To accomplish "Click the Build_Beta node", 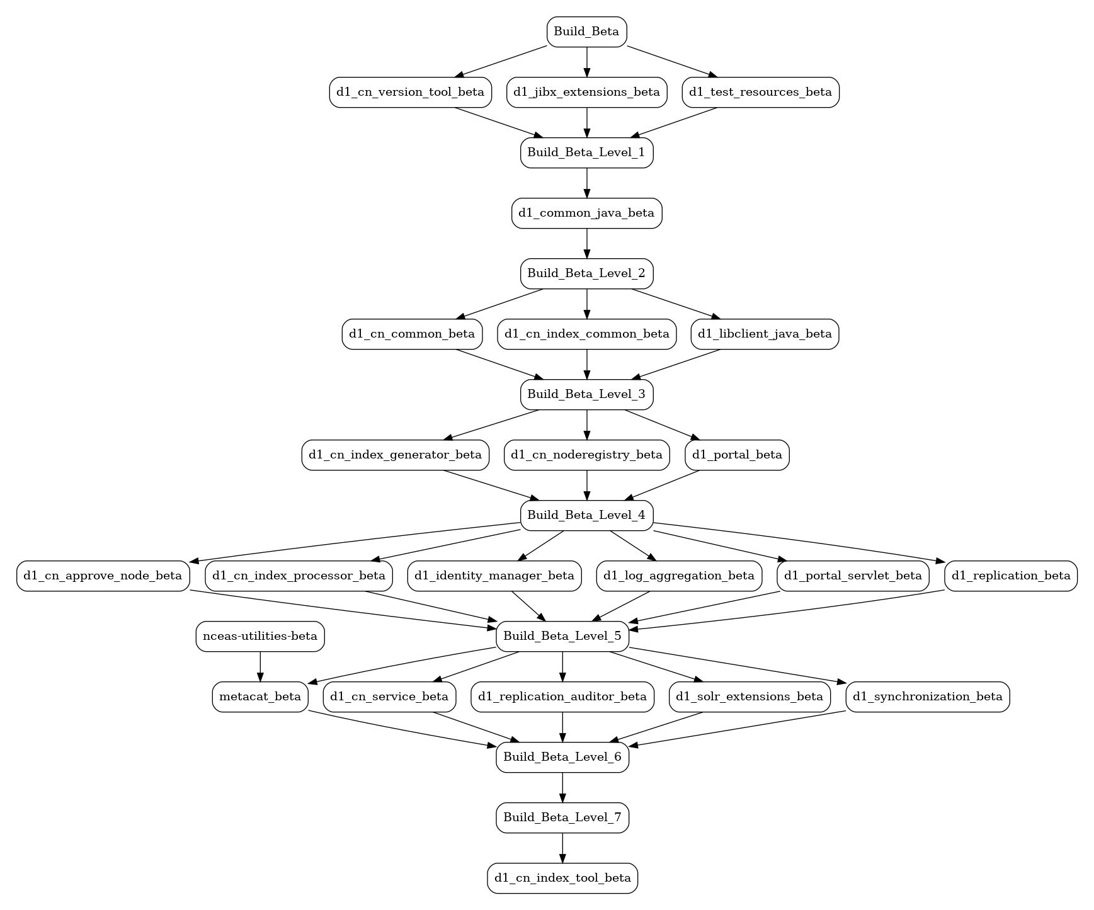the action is [x=586, y=31].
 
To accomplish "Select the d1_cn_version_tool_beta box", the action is [x=410, y=92].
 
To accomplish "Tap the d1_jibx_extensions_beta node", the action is [x=586, y=92].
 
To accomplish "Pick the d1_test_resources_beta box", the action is [x=760, y=92].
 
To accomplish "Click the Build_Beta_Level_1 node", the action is [x=586, y=152].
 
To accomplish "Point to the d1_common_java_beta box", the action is [x=586, y=213].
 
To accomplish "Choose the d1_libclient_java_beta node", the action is [x=765, y=334].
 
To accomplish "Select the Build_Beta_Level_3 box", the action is [x=586, y=394].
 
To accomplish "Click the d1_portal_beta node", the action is [x=737, y=455].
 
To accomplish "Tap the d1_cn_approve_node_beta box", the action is [x=103, y=576].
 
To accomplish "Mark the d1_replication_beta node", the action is [x=1011, y=576].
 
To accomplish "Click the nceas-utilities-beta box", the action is [x=260, y=636].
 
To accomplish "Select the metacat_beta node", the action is [x=260, y=697].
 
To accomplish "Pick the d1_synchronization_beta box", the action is [x=928, y=697].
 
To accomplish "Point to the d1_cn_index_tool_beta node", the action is [x=562, y=878].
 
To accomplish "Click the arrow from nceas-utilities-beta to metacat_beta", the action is [x=260, y=666].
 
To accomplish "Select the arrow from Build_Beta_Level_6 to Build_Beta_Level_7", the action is [x=562, y=787].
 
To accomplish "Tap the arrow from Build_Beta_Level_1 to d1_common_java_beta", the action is [x=587, y=183].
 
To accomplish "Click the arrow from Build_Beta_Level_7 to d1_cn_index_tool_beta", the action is [x=562, y=848].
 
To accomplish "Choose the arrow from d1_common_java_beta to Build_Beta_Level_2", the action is [x=587, y=243].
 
